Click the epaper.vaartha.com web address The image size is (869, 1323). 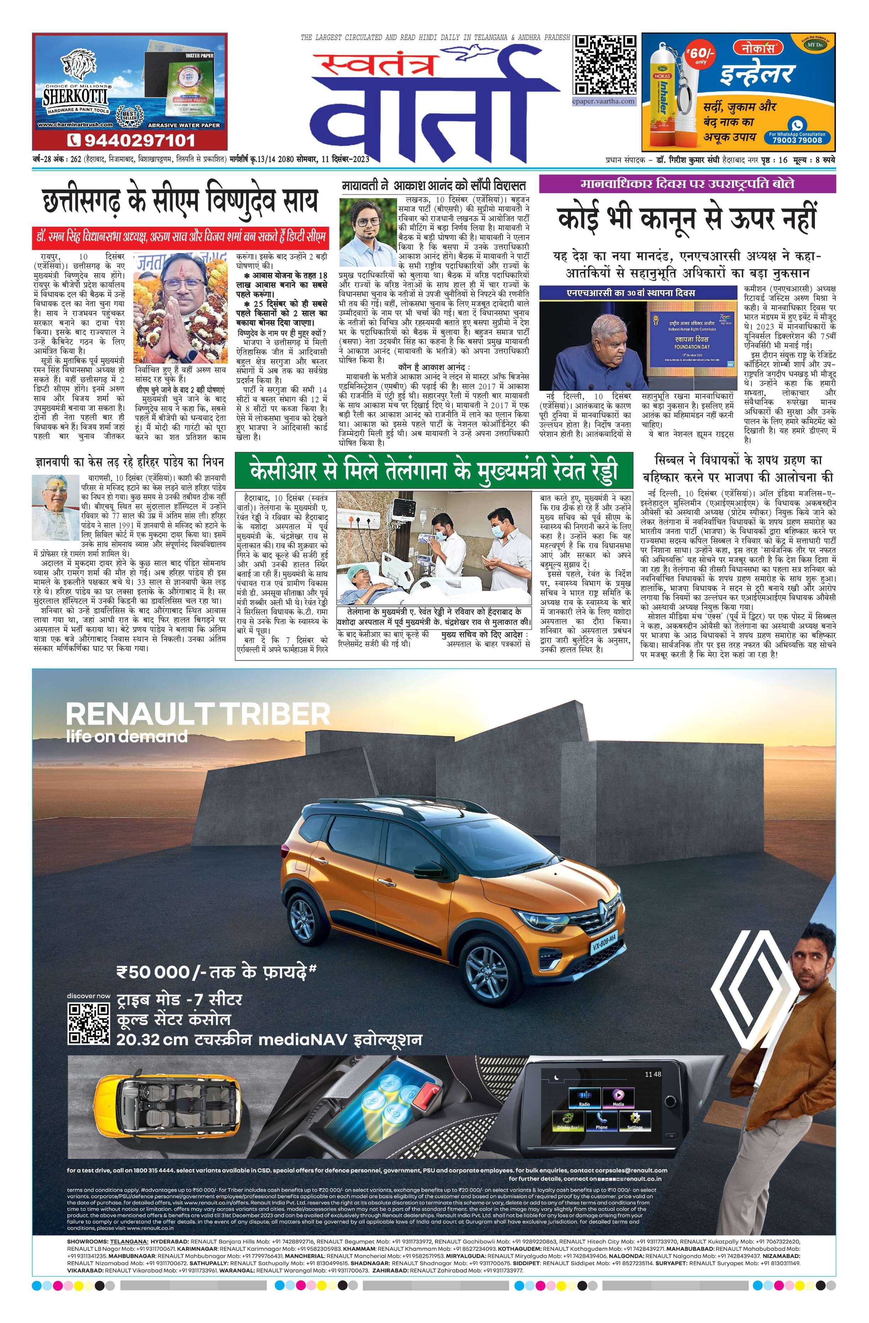click(x=604, y=101)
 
